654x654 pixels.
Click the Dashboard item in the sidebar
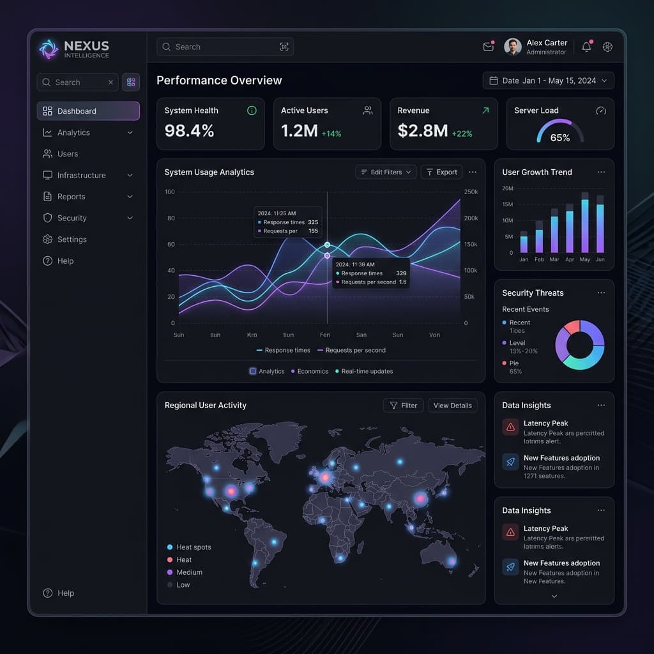coord(87,111)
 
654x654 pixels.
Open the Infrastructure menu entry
coord(81,175)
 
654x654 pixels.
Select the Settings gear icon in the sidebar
coord(47,240)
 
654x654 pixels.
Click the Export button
coord(441,172)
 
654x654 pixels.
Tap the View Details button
coord(452,406)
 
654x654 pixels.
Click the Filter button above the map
coord(403,406)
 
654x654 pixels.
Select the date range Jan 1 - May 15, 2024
coord(549,80)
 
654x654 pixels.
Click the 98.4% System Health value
coord(189,131)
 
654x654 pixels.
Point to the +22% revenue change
coord(462,133)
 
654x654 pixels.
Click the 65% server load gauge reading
coord(560,137)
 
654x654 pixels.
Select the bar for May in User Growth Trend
coord(585,224)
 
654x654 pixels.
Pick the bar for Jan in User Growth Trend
coord(524,242)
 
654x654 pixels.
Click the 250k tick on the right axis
coord(470,192)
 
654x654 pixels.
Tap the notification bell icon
coord(586,47)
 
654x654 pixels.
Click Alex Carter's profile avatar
coord(512,47)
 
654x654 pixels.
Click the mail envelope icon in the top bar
coord(489,47)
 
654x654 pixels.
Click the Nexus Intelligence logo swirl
coord(49,49)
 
